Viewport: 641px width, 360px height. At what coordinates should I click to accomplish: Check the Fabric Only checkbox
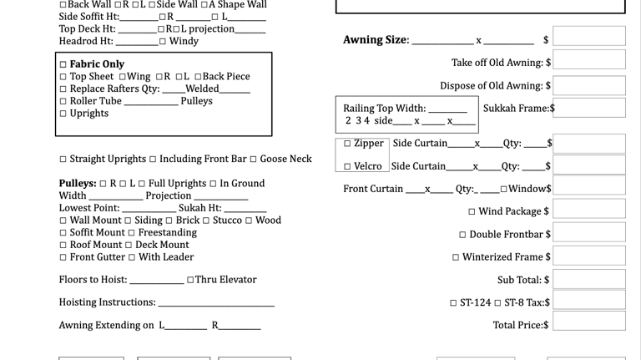(x=63, y=64)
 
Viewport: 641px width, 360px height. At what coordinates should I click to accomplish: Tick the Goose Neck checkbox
(x=253, y=160)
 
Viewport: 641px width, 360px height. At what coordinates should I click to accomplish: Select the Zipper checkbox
(x=347, y=143)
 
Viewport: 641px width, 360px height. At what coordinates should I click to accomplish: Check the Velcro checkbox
(x=347, y=166)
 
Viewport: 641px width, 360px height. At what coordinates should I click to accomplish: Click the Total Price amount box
(x=589, y=321)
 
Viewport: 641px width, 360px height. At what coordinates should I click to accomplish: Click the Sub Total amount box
(x=589, y=279)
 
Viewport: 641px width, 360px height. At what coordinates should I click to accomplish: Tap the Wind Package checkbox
(x=472, y=211)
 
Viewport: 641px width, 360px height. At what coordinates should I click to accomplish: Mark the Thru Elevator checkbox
(x=190, y=280)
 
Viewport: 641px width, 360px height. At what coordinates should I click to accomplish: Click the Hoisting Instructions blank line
(x=216, y=306)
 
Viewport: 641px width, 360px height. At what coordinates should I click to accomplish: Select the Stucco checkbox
(x=206, y=221)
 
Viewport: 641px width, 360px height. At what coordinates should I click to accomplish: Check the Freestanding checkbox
(x=131, y=233)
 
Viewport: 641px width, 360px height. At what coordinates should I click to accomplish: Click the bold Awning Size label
(x=376, y=40)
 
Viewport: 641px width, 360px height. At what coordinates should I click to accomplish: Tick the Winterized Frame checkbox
(x=456, y=257)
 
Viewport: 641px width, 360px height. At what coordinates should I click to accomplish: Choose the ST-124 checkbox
(x=453, y=303)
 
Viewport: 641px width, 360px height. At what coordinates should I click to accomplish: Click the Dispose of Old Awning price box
(x=589, y=85)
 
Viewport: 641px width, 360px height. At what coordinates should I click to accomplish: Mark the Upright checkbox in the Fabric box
(x=63, y=114)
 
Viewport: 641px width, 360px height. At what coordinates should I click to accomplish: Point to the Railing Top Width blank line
(x=447, y=112)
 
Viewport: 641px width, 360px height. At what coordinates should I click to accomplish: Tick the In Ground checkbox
(x=213, y=184)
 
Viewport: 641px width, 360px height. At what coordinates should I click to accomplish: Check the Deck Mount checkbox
(x=129, y=245)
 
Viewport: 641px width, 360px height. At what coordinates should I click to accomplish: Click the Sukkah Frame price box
(x=589, y=108)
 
